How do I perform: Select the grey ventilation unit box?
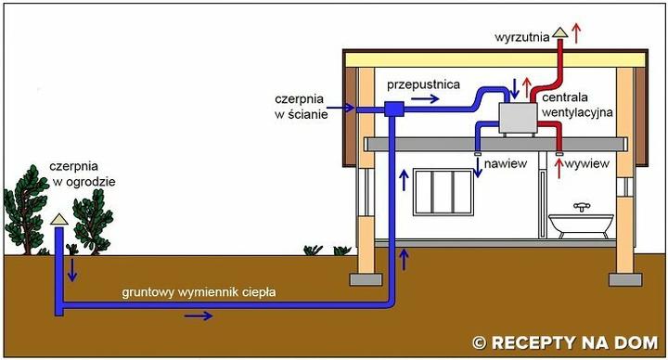[519, 118]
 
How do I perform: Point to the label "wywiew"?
[589, 163]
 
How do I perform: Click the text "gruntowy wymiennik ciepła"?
[200, 293]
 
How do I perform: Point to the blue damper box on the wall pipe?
[394, 109]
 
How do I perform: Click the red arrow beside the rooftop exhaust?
[578, 32]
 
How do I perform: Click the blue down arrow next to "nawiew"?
[479, 166]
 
